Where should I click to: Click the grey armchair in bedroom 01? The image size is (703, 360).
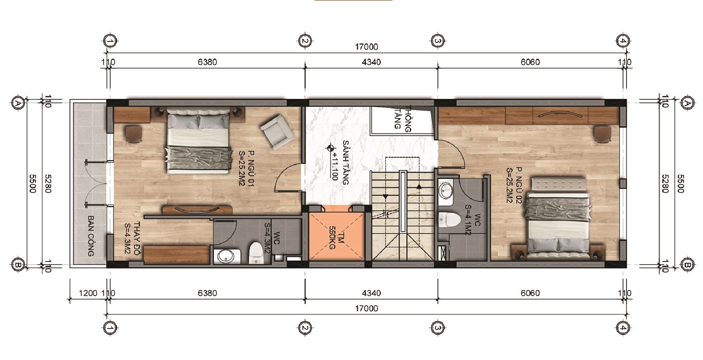[277, 132]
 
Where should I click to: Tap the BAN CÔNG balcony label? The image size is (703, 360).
[91, 235]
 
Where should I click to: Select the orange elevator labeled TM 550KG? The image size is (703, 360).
[336, 237]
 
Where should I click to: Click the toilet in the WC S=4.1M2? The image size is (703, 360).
[449, 219]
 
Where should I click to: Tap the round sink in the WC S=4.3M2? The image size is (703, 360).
[226, 256]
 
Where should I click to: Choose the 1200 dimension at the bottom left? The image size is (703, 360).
[88, 293]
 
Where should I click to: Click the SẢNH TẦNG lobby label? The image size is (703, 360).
[346, 163]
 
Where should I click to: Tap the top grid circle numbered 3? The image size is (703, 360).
[438, 41]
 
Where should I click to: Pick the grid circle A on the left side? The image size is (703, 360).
[18, 103]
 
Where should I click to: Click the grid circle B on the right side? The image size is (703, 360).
[687, 265]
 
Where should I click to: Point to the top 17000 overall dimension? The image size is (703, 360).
[367, 47]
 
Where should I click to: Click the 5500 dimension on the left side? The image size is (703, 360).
[32, 184]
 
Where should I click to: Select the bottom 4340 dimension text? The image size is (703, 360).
[371, 293]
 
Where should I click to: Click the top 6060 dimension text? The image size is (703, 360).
[530, 62]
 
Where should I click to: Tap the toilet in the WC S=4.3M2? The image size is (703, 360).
[256, 253]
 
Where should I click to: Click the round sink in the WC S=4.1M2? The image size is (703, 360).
[445, 190]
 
